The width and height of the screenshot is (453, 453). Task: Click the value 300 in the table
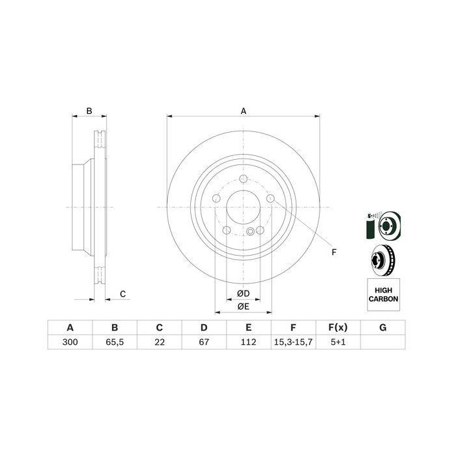(70, 342)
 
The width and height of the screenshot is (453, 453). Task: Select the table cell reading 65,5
(115, 342)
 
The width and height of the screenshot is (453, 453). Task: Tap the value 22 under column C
(159, 342)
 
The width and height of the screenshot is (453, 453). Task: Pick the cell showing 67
(204, 342)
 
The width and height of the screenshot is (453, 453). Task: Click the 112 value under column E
(249, 342)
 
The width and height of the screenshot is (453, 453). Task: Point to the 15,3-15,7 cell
(293, 342)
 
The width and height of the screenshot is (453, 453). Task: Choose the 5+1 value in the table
(338, 342)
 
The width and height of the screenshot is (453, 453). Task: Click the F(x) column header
(338, 327)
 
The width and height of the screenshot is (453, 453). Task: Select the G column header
(383, 327)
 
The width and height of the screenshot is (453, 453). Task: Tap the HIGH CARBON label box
(383, 294)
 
